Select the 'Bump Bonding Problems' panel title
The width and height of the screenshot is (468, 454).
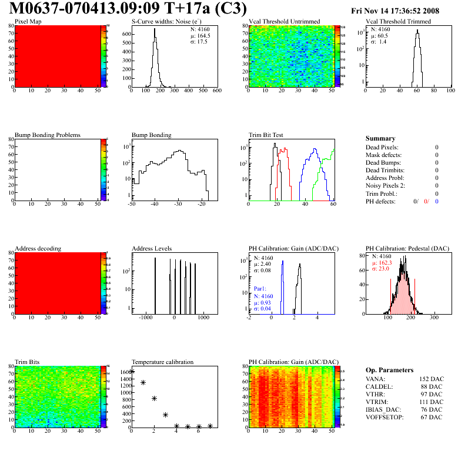coord(48,135)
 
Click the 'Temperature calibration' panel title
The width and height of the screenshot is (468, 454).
coord(163,362)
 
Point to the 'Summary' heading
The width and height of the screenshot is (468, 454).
coord(380,138)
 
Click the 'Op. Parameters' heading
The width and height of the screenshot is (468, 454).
coord(389,370)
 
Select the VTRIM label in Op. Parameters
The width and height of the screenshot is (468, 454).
coord(376,402)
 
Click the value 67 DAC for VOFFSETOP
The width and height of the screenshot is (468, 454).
coord(432,417)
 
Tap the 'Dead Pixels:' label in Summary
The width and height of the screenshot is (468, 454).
coord(382,147)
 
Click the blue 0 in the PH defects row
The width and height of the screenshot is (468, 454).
coord(437,201)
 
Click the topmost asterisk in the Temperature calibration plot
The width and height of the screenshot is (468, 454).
coord(132,372)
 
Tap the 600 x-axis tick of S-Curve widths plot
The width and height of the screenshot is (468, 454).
coord(216,91)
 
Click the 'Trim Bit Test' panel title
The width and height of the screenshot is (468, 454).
coord(266,135)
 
